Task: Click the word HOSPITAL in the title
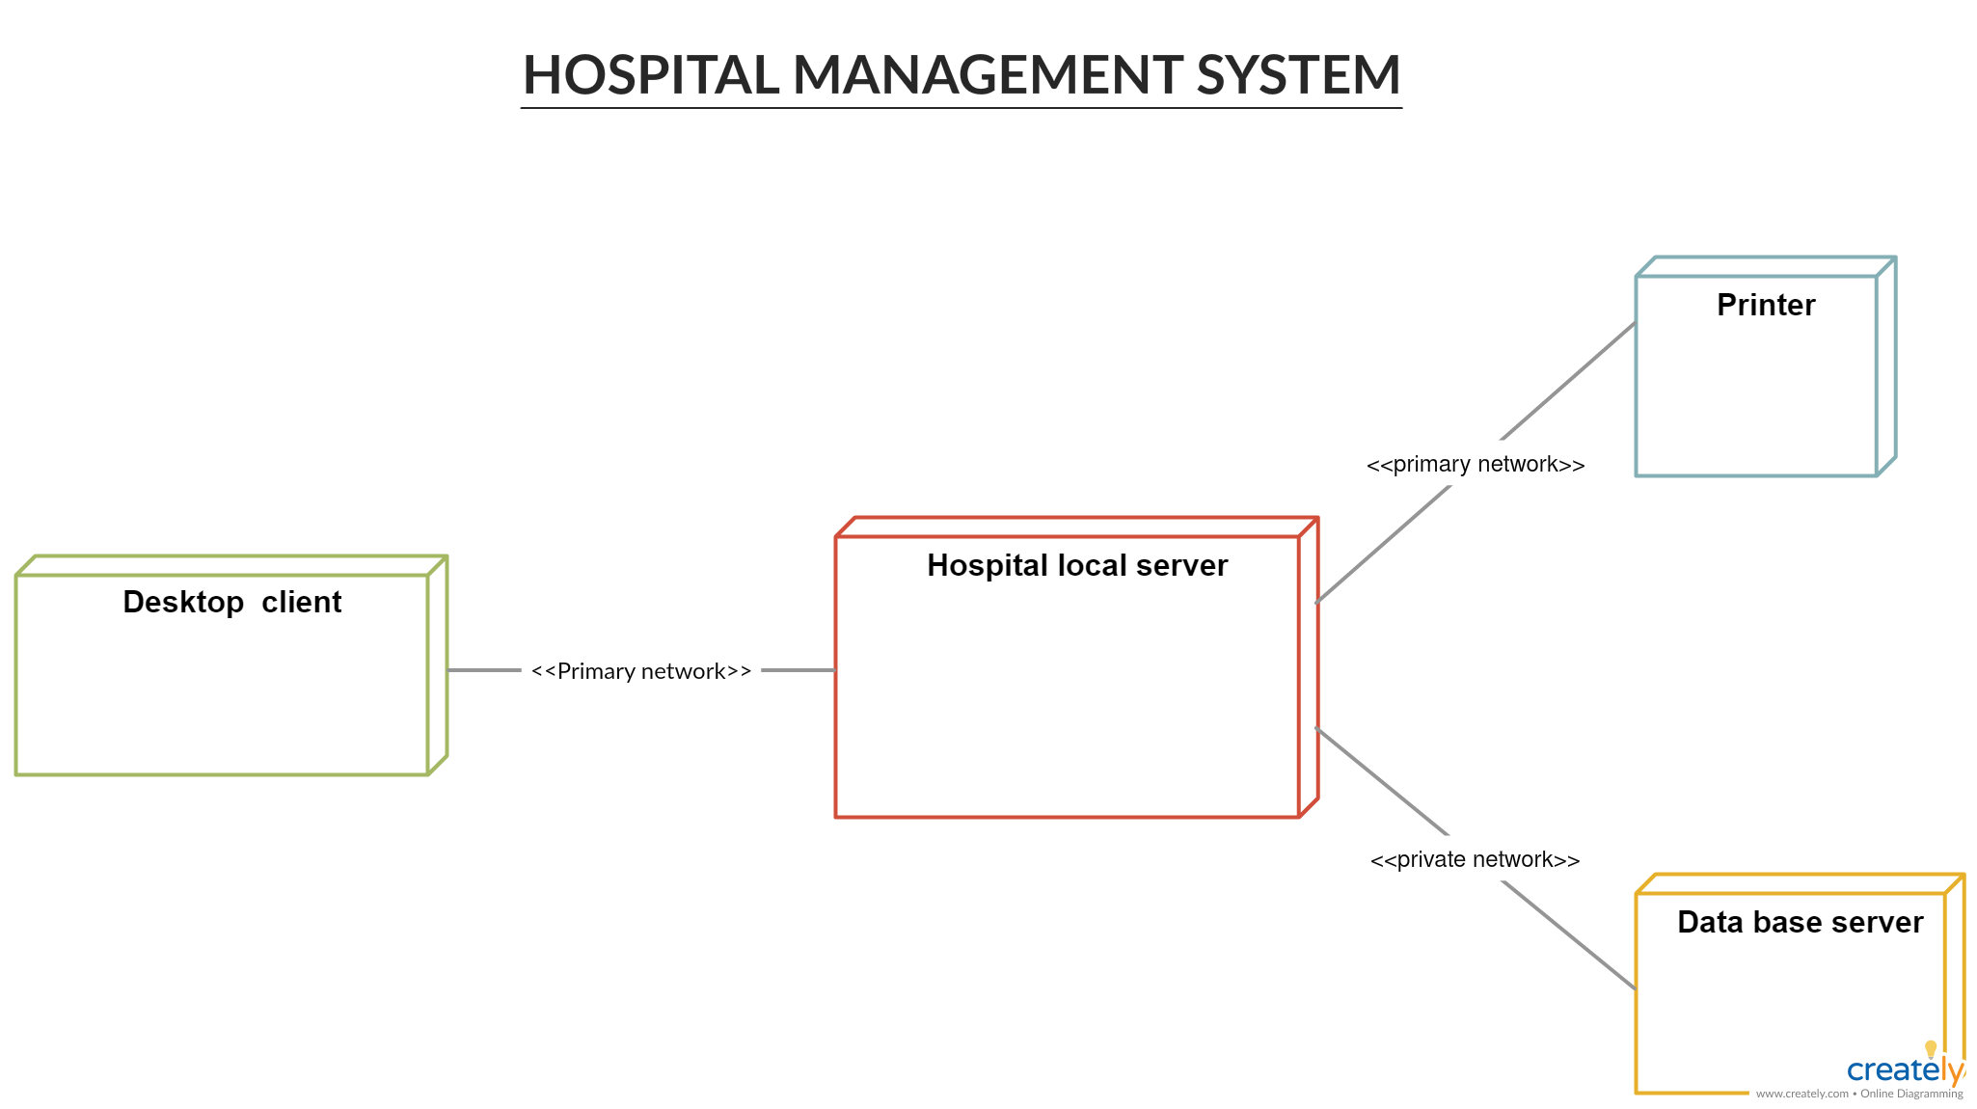(651, 75)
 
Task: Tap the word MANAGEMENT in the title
(988, 75)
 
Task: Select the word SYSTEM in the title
(1298, 75)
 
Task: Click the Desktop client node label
(231, 602)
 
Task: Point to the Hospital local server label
(1076, 565)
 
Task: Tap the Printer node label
(1766, 305)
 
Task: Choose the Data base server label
(1800, 922)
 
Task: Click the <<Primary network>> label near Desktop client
(641, 671)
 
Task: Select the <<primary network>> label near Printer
(1476, 464)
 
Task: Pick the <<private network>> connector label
(1476, 859)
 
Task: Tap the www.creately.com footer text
(1801, 1094)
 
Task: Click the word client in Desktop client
(301, 602)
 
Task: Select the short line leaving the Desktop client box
(484, 670)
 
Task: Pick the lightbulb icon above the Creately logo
(1931, 1048)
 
